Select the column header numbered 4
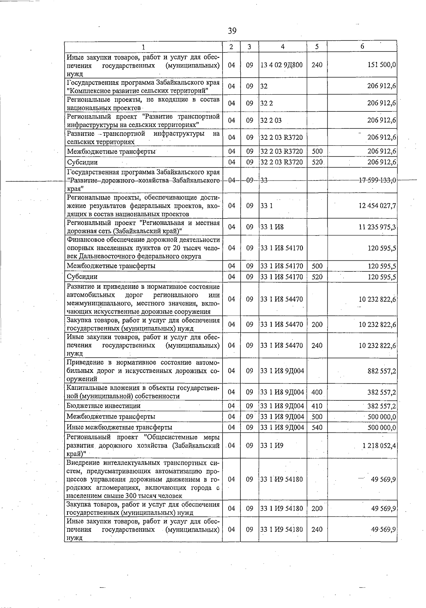[x=283, y=46]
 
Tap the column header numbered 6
[x=362, y=46]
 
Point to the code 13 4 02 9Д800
[x=282, y=65]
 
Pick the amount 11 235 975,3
[x=377, y=227]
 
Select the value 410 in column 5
[x=317, y=406]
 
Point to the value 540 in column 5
[x=317, y=427]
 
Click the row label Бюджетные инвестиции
[x=104, y=406]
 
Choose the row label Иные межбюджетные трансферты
[x=119, y=427]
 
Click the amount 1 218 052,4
[x=379, y=446]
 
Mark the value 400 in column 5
[x=317, y=392]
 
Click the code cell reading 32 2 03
[x=271, y=120]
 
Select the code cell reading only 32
[x=264, y=86]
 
